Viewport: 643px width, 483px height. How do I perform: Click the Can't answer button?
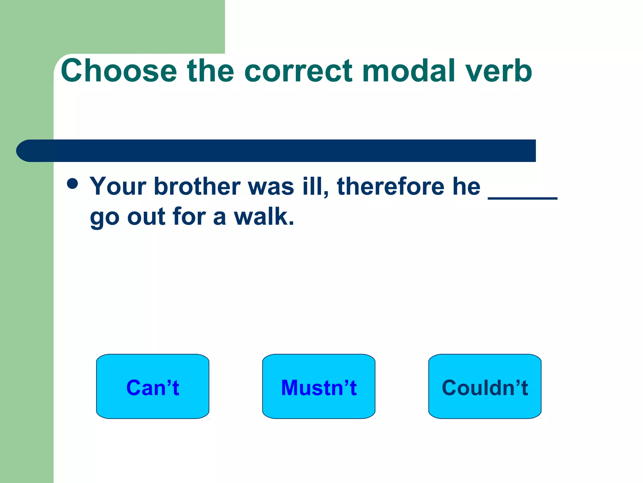point(153,386)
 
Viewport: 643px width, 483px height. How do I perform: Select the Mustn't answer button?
point(319,386)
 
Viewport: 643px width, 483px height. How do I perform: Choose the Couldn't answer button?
point(485,386)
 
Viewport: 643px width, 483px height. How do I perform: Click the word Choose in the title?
point(119,71)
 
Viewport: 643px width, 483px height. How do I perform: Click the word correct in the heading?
point(298,71)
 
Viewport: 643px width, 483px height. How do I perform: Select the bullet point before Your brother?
point(73,184)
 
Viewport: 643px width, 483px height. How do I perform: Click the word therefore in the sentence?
point(391,186)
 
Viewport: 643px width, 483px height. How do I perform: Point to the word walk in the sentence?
point(264,217)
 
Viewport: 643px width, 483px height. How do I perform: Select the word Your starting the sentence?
point(118,186)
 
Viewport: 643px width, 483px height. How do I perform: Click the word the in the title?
point(210,71)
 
